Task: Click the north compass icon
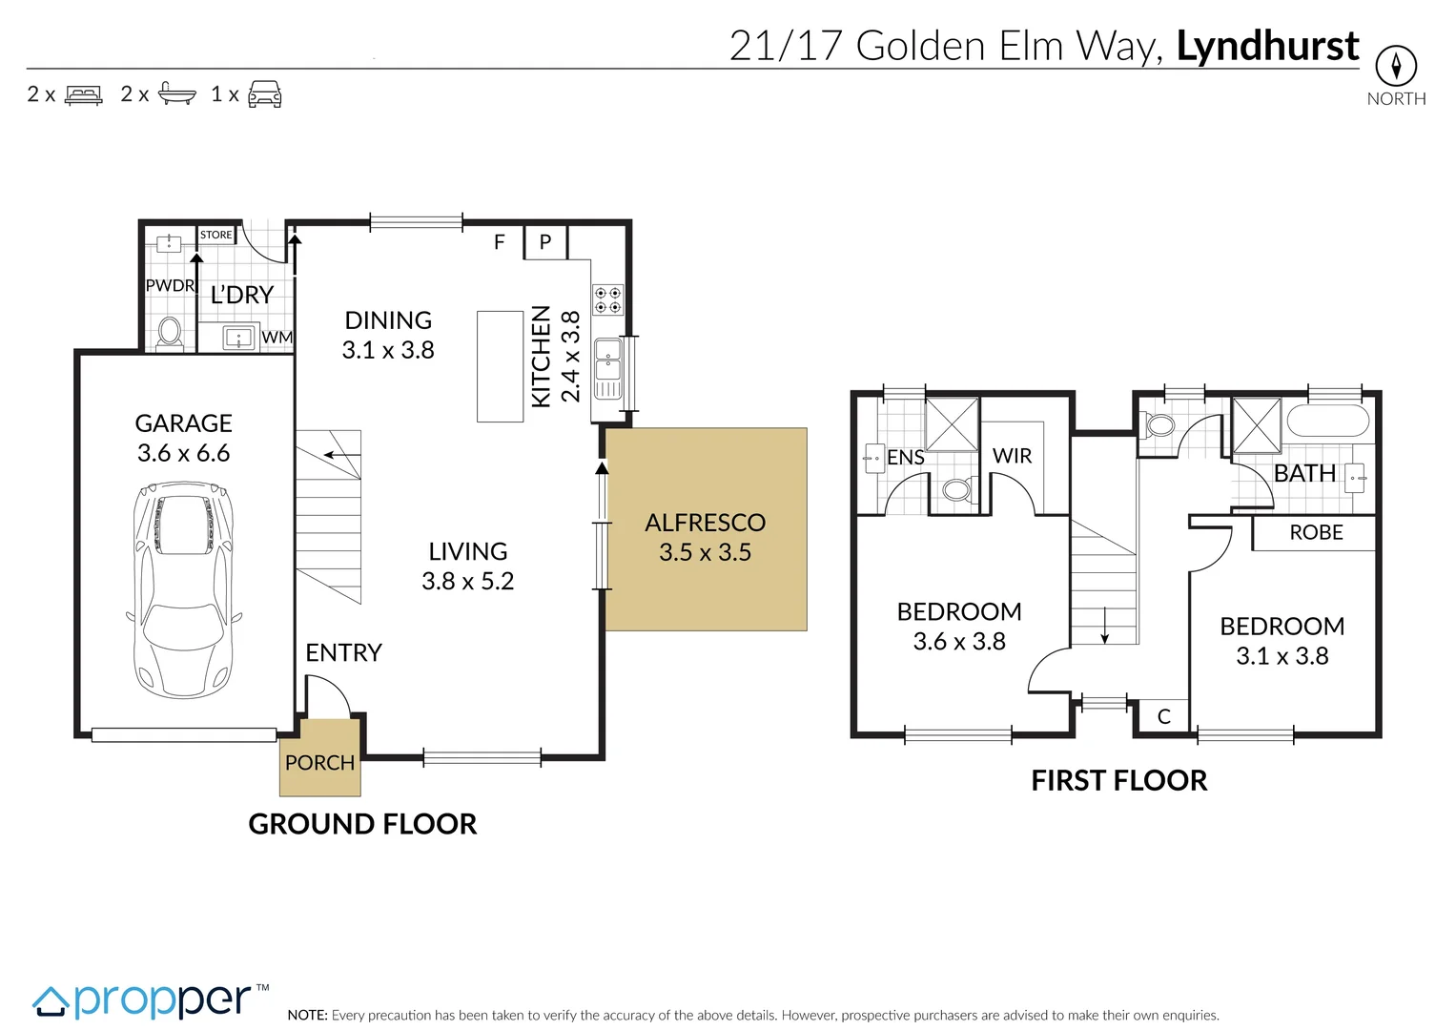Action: [1396, 66]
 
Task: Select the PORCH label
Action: [319, 763]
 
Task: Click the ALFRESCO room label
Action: [705, 523]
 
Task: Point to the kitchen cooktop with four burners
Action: [608, 299]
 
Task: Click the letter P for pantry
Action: [545, 242]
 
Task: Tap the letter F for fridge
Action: [499, 242]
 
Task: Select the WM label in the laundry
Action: [277, 338]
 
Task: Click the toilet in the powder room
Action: [170, 332]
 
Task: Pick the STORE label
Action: [215, 235]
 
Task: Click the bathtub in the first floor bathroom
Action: [1327, 421]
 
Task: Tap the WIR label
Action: [1012, 456]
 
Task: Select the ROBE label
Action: [1316, 533]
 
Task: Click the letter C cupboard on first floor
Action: [1163, 716]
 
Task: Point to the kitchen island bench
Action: [500, 365]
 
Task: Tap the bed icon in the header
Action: [83, 94]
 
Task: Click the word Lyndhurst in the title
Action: [1267, 46]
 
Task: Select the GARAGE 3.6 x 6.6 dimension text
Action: [183, 453]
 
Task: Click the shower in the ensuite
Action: [952, 423]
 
